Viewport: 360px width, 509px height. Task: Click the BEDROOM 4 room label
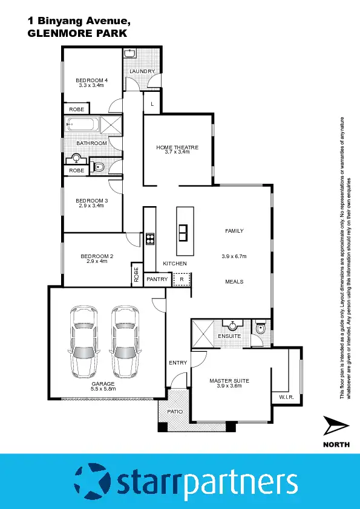[91, 80]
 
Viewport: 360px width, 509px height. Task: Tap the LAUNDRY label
[142, 71]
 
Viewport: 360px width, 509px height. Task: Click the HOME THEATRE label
[177, 147]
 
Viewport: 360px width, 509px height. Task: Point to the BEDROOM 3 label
[91, 201]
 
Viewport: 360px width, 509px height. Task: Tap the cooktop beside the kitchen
[149, 239]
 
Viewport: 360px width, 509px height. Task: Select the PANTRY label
[157, 279]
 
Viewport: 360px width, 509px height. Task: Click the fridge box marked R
[182, 279]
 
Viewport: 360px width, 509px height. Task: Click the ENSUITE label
[229, 336]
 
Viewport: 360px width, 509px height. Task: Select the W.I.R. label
[286, 397]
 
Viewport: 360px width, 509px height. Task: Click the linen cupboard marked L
[152, 104]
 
